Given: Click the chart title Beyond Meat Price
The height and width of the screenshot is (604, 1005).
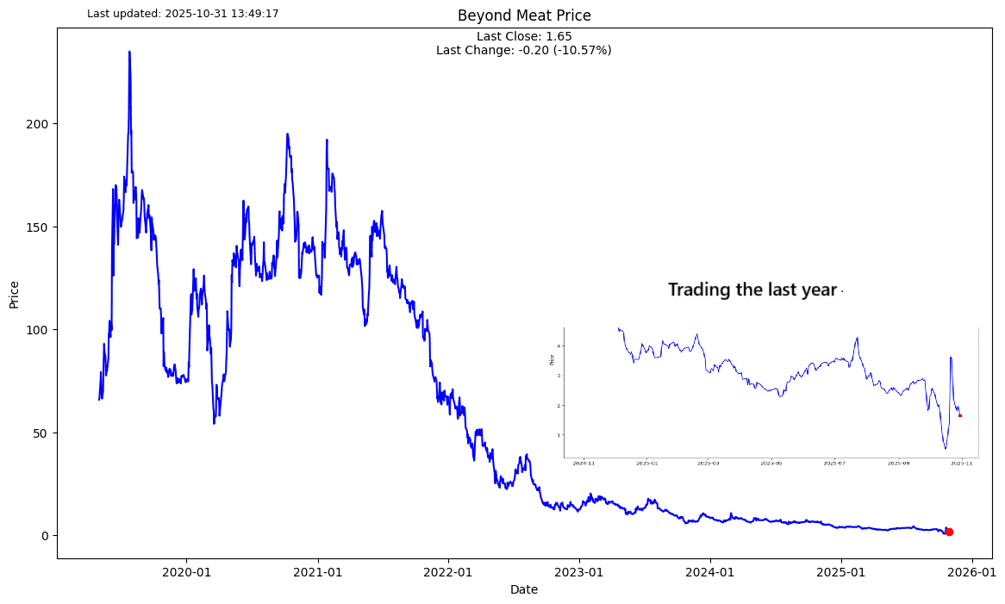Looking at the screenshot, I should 524,16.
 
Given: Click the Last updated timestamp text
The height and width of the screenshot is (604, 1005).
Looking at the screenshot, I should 183,14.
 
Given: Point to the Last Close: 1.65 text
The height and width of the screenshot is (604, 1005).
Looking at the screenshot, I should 524,37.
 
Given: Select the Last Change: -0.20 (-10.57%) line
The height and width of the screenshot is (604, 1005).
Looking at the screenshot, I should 524,51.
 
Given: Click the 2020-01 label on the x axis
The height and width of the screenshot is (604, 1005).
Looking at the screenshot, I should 187,572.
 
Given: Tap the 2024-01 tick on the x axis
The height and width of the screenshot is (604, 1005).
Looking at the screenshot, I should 710,572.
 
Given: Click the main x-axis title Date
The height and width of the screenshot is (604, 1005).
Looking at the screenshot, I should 524,590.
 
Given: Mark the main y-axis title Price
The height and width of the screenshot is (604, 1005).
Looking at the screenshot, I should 15,294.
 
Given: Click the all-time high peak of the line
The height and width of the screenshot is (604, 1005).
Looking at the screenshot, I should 129,52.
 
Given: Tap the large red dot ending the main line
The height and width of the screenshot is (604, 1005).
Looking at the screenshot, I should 949,532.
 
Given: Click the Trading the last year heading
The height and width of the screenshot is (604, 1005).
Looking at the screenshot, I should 752,290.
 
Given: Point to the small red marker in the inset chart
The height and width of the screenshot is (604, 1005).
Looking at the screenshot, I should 959,415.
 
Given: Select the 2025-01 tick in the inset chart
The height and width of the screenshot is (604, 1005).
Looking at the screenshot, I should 646,464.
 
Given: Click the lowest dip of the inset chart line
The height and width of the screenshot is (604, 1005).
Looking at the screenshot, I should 945,448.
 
